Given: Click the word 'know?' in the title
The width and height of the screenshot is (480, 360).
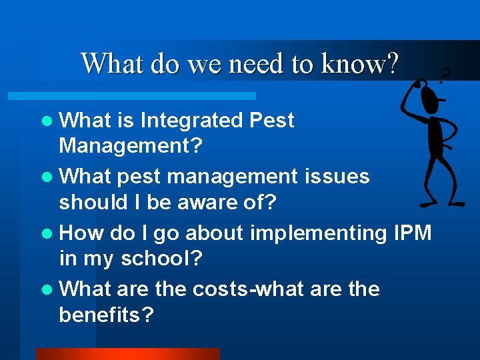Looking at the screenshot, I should click(360, 64).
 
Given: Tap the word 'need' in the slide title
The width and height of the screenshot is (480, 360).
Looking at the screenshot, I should click(257, 64).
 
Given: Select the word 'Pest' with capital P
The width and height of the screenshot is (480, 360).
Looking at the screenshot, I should click(271, 121).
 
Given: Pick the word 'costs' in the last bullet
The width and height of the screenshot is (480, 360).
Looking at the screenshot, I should click(221, 289).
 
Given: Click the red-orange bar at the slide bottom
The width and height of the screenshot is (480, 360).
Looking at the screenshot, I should click(127, 354).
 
